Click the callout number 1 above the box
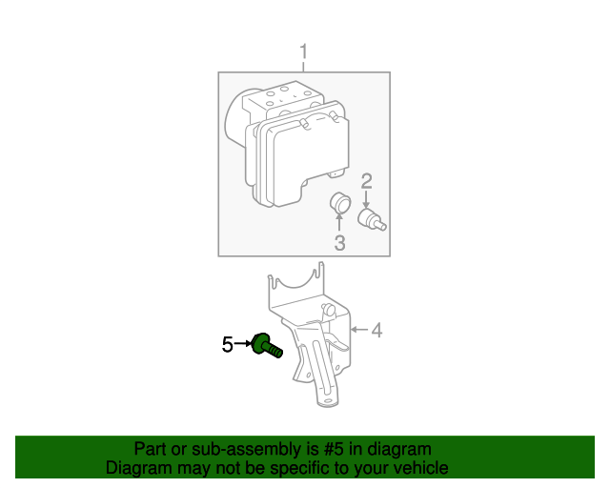point(304,51)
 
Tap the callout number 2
point(366,181)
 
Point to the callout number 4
point(376,330)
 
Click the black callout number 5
point(228,344)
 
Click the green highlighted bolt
point(266,345)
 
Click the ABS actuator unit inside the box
point(286,143)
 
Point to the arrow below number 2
point(366,199)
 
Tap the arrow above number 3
point(339,223)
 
